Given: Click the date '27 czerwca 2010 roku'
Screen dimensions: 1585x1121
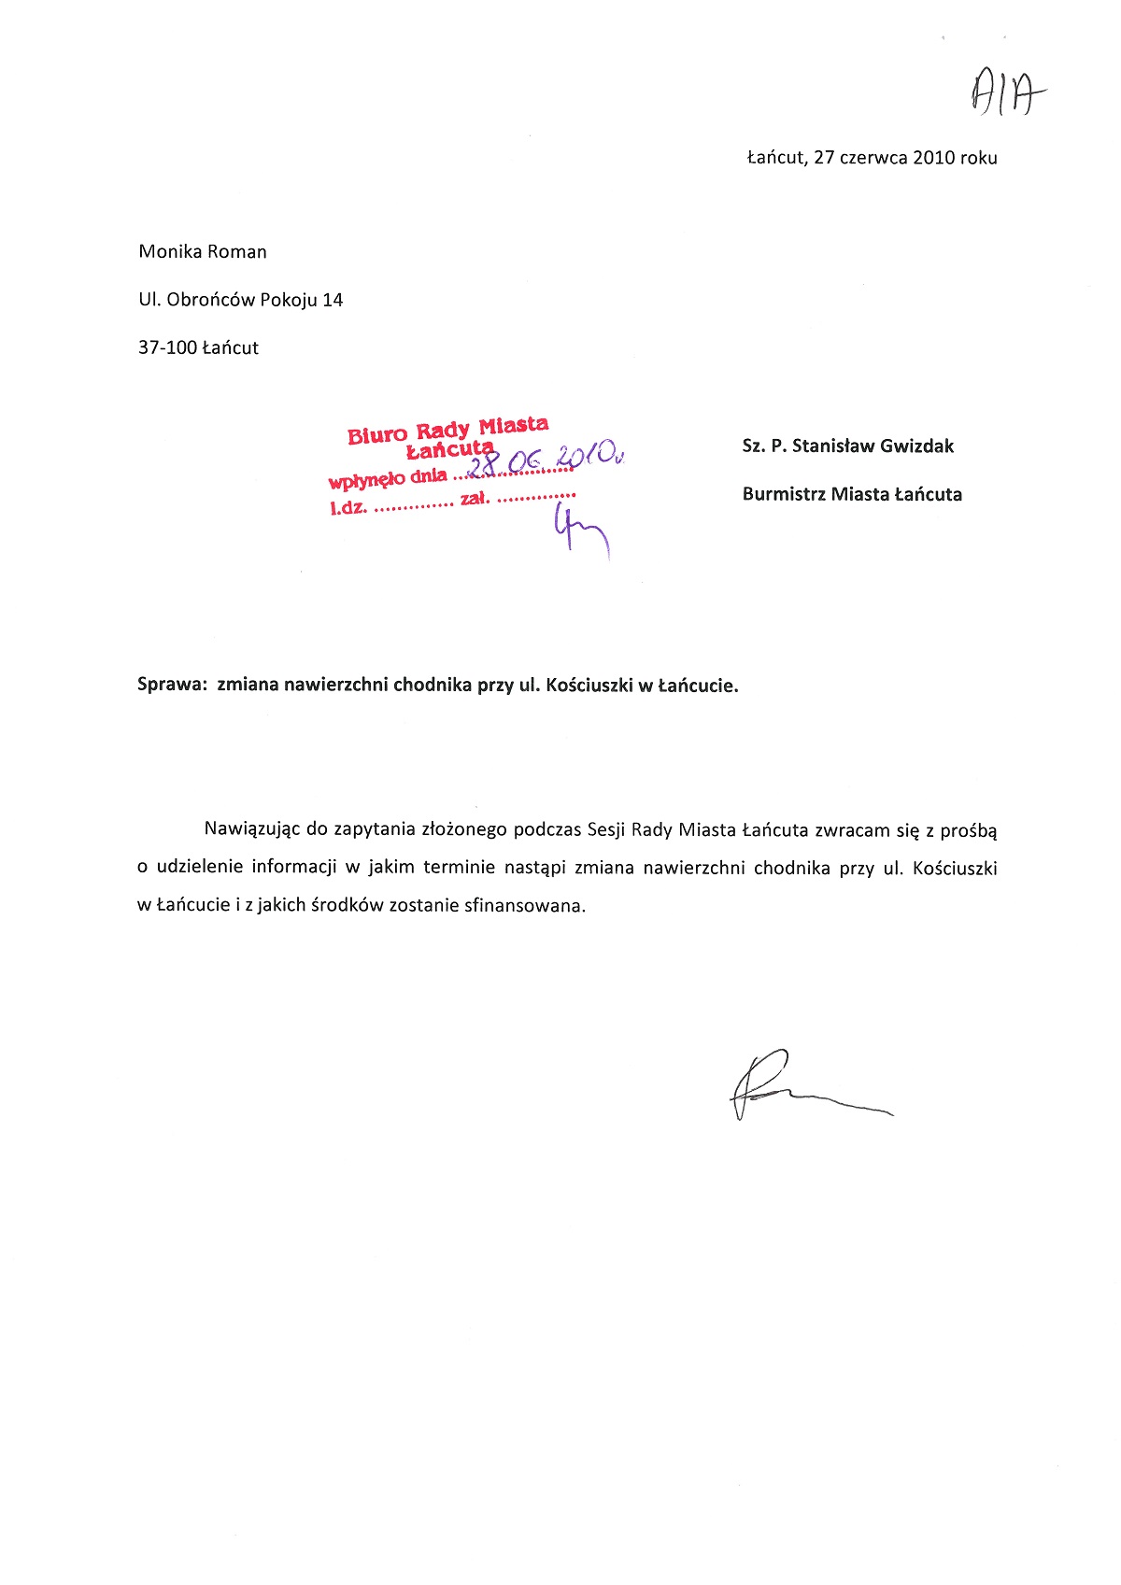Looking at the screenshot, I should (905, 158).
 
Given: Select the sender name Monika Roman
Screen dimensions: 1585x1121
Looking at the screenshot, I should (203, 251).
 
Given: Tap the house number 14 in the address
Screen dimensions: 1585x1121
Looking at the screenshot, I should (333, 300).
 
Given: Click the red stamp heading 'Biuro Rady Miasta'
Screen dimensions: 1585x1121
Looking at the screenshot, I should (447, 430).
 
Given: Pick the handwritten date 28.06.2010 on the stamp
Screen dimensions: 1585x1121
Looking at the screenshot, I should (546, 458).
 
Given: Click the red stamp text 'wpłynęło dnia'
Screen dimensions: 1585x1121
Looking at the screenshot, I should (387, 479).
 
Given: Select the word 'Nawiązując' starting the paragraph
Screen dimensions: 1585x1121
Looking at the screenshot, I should (252, 829).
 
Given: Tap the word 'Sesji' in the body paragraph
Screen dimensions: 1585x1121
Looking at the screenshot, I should (605, 829).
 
